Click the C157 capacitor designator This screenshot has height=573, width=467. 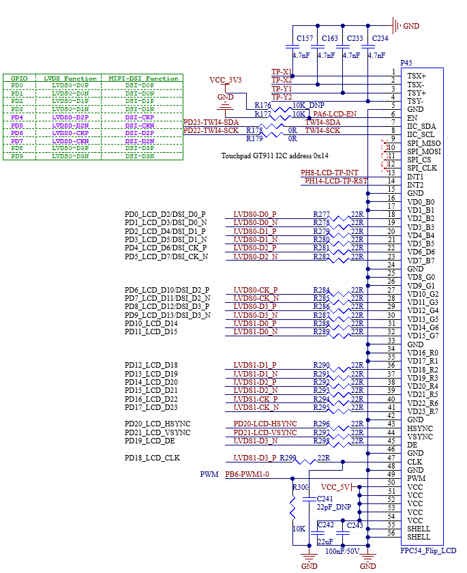[305, 39]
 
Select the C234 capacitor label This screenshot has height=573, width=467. [380, 39]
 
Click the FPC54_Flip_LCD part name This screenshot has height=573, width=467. [428, 550]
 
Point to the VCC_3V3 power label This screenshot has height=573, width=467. [226, 80]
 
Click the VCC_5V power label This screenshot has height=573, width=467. [335, 487]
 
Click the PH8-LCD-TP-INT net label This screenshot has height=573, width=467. [329, 173]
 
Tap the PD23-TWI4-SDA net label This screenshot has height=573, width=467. [211, 122]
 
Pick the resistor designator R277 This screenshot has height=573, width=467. [321, 214]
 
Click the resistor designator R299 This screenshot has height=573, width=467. [288, 458]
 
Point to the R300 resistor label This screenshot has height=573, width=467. [300, 487]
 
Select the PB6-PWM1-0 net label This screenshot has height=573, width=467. [247, 475]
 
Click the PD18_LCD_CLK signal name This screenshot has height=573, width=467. [152, 458]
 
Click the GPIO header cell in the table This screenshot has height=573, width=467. [18, 78]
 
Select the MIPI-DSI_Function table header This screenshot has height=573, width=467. [143, 78]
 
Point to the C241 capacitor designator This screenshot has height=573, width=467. [326, 499]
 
